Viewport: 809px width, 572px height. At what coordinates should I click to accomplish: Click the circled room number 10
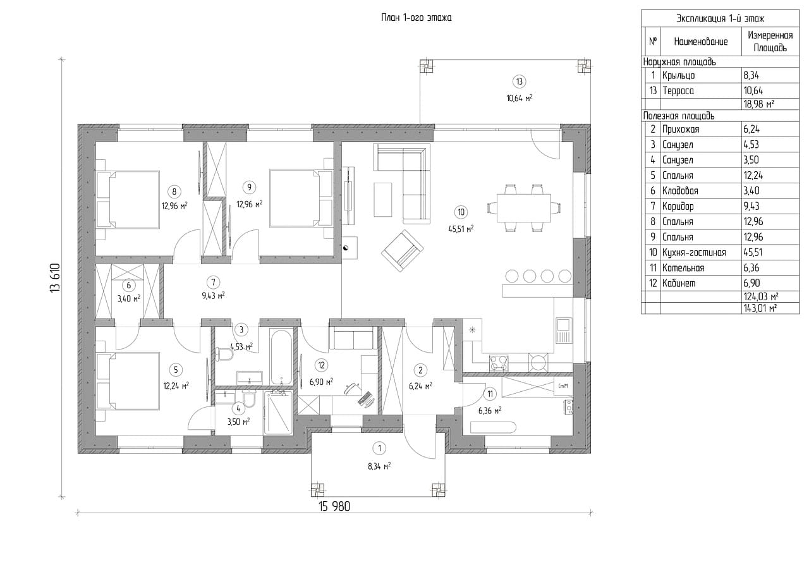coord(461,212)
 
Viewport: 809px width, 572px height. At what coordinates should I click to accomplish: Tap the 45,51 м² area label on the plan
coord(461,229)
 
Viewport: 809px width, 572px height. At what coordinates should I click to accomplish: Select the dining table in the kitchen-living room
coord(524,208)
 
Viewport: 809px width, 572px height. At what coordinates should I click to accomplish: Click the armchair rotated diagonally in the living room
coord(403,251)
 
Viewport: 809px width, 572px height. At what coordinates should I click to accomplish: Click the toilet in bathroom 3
coord(224,354)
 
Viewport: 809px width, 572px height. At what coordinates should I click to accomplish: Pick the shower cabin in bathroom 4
coord(278,413)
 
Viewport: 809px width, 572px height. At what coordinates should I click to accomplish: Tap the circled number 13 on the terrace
coord(519,82)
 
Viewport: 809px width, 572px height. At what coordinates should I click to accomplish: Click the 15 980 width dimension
coord(334,507)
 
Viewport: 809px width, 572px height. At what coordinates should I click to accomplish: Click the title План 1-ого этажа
coord(416,18)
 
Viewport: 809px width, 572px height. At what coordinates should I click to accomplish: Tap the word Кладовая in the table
coord(680,191)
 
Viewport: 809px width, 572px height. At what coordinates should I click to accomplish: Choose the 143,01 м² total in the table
coord(760,308)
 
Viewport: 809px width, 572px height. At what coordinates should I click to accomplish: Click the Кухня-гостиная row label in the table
coord(694,252)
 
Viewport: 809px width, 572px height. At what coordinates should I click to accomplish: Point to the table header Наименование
coord(701,42)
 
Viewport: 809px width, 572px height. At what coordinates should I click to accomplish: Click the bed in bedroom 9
coord(301,198)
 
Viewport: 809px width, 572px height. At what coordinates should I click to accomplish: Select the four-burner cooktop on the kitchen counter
coord(499,363)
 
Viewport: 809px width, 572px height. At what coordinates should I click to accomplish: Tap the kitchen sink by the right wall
coord(563,331)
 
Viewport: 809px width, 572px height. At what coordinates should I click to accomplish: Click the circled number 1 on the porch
coord(379,449)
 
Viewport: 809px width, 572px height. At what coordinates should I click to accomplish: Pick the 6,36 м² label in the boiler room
coord(490,411)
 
